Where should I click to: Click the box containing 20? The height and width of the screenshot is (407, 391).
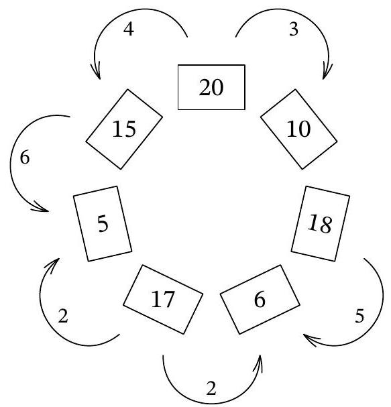[x=211, y=87]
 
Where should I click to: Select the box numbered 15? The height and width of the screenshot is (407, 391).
[x=124, y=129]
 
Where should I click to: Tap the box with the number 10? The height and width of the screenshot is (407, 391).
[x=299, y=129]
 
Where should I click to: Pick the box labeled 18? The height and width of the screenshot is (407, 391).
[x=321, y=224]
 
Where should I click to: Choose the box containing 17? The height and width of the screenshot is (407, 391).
[x=163, y=299]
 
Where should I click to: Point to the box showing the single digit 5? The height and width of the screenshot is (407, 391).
[x=103, y=224]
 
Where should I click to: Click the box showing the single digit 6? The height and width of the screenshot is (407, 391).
[x=260, y=299]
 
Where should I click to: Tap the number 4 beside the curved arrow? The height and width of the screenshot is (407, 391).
[x=129, y=29]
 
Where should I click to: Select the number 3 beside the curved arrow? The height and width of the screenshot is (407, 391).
[x=294, y=29]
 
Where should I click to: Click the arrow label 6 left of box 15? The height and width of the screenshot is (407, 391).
[x=25, y=158]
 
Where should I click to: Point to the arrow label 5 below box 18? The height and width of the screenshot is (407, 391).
[x=359, y=316]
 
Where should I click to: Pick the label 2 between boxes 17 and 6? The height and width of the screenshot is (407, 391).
[x=211, y=389]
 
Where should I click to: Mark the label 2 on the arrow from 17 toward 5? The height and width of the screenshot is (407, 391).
[x=63, y=316]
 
